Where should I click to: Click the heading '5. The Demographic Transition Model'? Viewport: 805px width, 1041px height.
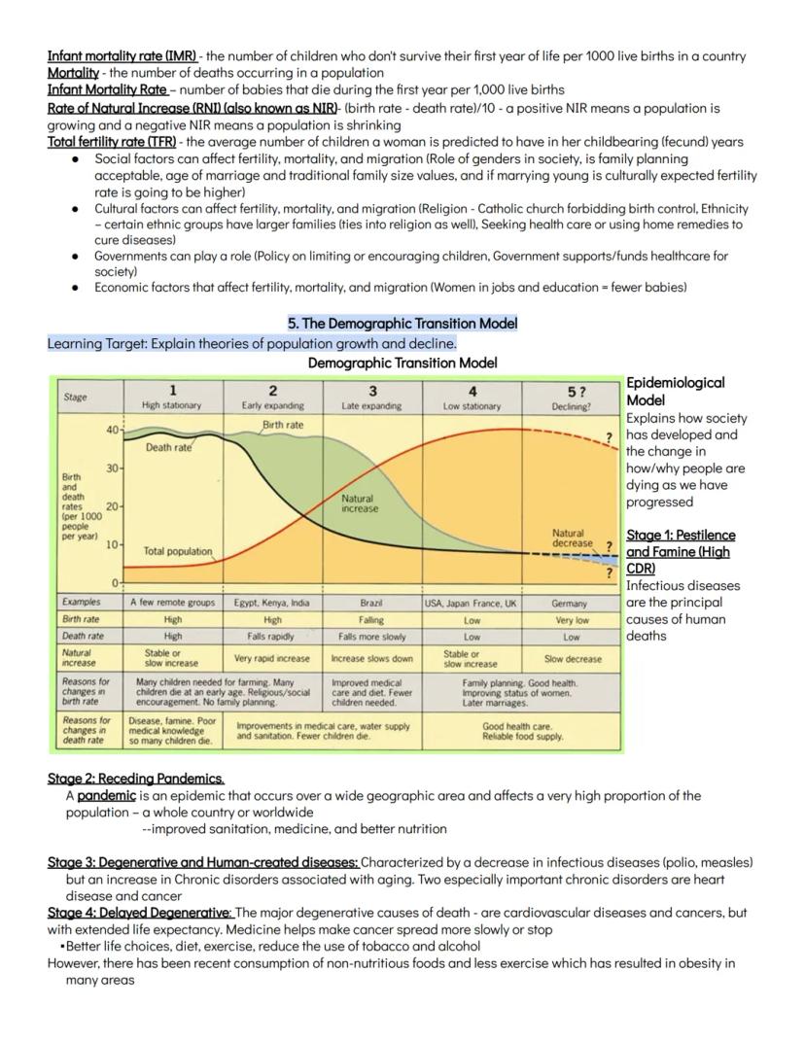pyautogui.click(x=402, y=323)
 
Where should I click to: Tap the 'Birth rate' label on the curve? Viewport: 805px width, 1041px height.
pyautogui.click(x=283, y=425)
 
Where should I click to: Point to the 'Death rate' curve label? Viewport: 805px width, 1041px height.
pyautogui.click(x=168, y=448)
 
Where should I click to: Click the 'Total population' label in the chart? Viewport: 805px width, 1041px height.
pyautogui.click(x=177, y=551)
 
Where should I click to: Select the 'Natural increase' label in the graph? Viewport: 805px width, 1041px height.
pyautogui.click(x=360, y=503)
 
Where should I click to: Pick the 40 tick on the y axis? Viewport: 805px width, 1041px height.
pyautogui.click(x=112, y=429)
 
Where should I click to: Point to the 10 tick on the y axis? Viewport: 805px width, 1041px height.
pyautogui.click(x=112, y=545)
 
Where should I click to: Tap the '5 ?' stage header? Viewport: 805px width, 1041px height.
pyautogui.click(x=571, y=391)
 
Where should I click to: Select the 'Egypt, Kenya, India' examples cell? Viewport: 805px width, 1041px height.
pyautogui.click(x=272, y=603)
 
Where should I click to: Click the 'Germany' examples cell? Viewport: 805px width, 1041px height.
pyautogui.click(x=571, y=603)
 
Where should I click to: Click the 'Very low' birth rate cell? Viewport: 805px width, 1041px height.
pyautogui.click(x=571, y=619)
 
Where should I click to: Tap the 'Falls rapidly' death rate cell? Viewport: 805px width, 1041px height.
pyautogui.click(x=272, y=637)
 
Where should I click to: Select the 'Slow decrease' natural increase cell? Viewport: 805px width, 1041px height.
pyautogui.click(x=571, y=658)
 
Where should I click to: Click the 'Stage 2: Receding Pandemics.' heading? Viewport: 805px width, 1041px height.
pyautogui.click(x=136, y=779)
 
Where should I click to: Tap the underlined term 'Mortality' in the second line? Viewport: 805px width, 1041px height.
pyautogui.click(x=72, y=73)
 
